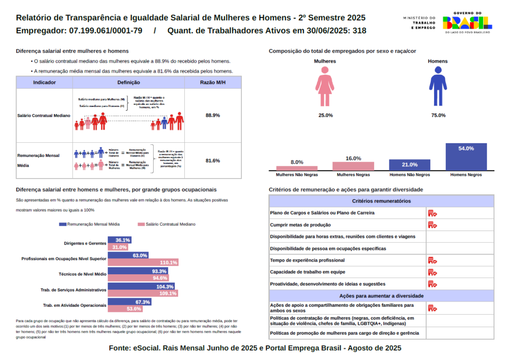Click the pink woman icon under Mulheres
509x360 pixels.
(x=325, y=86)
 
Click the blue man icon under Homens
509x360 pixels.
(x=438, y=86)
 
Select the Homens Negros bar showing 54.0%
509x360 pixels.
(x=466, y=157)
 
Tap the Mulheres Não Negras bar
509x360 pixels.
(x=297, y=168)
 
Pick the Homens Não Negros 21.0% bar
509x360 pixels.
(x=410, y=165)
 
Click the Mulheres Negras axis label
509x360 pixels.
(x=353, y=175)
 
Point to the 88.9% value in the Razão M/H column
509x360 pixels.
(x=213, y=115)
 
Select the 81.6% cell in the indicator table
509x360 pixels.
(x=213, y=161)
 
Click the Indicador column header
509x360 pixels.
(x=45, y=82)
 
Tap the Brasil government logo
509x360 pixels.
(x=467, y=22)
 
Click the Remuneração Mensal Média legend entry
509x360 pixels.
(x=89, y=224)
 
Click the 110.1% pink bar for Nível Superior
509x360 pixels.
(x=143, y=262)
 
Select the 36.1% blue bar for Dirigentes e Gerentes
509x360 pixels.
(x=120, y=240)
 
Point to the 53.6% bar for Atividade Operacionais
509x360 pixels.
(x=125, y=309)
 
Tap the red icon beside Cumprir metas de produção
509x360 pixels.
(x=432, y=225)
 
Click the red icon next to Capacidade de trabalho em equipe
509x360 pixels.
(x=432, y=272)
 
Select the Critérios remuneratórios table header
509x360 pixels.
(x=381, y=201)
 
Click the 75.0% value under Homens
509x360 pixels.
(x=438, y=115)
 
